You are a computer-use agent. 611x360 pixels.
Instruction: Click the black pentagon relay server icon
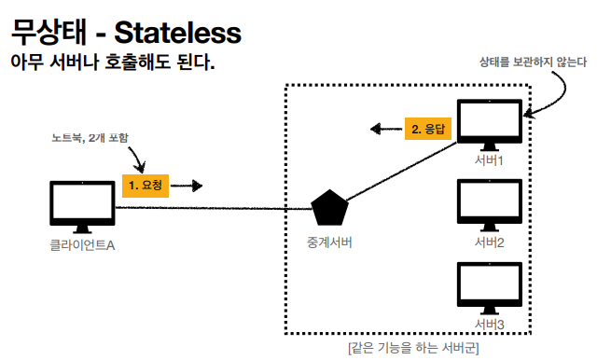point(327,208)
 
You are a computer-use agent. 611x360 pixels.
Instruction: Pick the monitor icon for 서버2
point(490,204)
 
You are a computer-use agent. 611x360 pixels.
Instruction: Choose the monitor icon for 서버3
point(490,286)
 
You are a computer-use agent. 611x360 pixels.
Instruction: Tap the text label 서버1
point(490,161)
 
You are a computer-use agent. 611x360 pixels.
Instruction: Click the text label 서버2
point(490,242)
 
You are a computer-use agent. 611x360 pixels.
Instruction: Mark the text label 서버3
point(490,324)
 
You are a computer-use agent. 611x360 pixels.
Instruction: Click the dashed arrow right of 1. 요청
point(187,186)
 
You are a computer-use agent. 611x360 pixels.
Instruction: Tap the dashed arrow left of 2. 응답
point(385,130)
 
